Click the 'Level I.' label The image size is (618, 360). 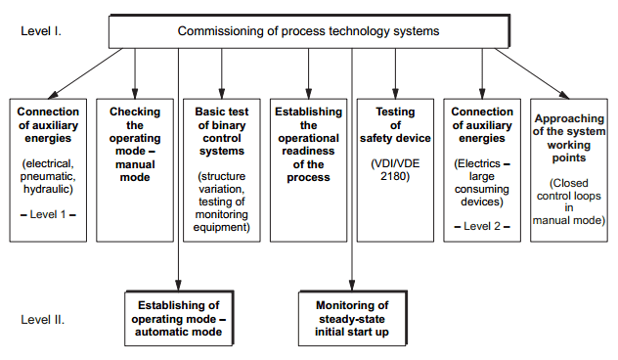click(41, 30)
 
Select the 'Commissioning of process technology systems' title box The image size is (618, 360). click(308, 31)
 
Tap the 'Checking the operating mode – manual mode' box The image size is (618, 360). click(134, 145)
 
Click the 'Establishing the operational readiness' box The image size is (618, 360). click(308, 145)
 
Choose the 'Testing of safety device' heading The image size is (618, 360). click(394, 125)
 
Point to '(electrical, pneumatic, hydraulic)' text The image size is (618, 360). click(48, 173)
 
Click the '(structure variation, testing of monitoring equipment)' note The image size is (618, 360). click(221, 201)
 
